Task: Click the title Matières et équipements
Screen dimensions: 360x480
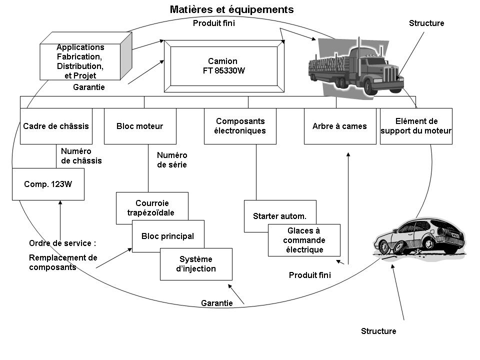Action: (231, 9)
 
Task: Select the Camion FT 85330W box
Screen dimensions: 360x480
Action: (223, 66)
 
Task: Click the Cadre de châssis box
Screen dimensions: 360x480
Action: (56, 126)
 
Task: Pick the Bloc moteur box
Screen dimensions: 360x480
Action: (139, 126)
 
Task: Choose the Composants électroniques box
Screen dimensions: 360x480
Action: (240, 126)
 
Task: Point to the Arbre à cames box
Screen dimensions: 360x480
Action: (340, 126)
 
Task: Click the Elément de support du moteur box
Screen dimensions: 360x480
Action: (416, 126)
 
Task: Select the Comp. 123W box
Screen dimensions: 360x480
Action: (48, 184)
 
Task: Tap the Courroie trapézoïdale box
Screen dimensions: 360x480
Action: (151, 204)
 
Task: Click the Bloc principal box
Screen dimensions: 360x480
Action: (167, 236)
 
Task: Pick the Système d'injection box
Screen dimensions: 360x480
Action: (196, 264)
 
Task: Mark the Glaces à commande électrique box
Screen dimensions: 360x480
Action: (304, 240)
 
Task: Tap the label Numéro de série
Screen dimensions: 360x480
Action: (172, 159)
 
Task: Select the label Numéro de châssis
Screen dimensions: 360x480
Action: (81, 155)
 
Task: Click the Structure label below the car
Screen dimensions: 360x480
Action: (378, 331)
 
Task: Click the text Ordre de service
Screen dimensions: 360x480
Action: (62, 243)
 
